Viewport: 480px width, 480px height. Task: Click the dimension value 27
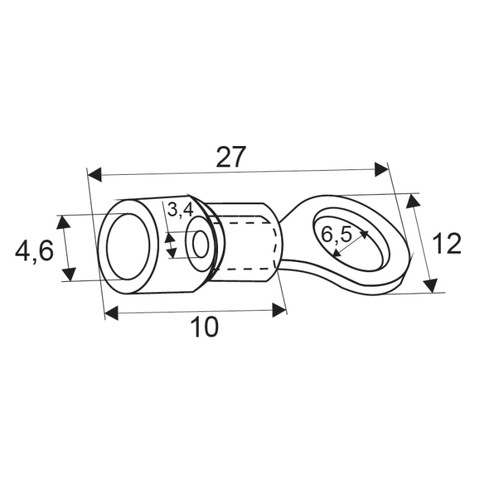tap(230, 157)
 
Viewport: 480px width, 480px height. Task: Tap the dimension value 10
tap(204, 328)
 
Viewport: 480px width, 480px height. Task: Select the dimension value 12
tap(448, 244)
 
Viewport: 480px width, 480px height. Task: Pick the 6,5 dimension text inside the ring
tap(336, 235)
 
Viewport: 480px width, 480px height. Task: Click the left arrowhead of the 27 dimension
tap(95, 175)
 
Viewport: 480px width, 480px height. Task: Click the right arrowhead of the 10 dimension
tap(280, 311)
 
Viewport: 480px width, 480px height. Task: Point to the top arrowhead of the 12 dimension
tap(412, 201)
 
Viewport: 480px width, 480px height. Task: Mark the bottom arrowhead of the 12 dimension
tap(430, 285)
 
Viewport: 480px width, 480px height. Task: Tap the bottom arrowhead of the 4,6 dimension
tap(68, 274)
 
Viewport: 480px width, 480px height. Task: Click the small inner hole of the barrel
tap(200, 245)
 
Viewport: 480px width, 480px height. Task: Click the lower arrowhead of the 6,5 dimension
tap(334, 254)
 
